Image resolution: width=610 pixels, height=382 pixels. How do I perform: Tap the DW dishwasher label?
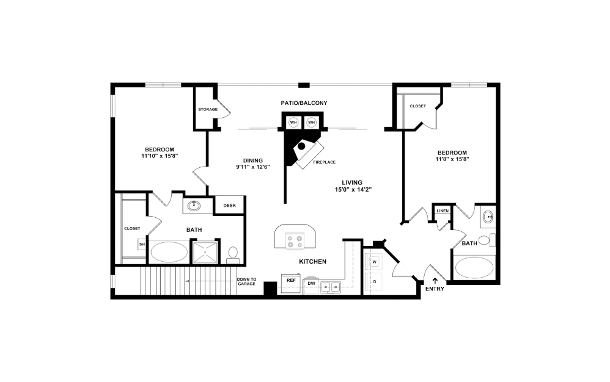coord(311,284)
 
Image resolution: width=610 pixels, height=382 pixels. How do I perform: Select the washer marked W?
coord(374,261)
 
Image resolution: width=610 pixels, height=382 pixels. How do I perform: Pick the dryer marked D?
coord(374,283)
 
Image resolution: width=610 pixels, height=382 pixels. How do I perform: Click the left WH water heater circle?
coord(293,122)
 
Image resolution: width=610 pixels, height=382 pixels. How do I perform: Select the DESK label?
coord(230,206)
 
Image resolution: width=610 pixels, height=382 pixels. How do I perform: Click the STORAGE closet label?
coord(208,110)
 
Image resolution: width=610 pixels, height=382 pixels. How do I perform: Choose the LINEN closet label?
coord(443,211)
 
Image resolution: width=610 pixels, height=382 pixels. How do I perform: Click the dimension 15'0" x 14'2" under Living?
coord(353,190)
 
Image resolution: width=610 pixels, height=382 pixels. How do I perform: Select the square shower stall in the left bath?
coord(205,251)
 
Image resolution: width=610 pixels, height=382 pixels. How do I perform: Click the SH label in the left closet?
coord(142,244)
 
